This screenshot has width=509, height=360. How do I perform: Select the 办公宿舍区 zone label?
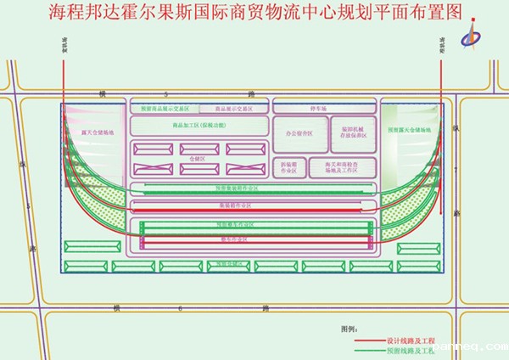[298, 133]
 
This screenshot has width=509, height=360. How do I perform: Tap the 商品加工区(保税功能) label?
[199, 126]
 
